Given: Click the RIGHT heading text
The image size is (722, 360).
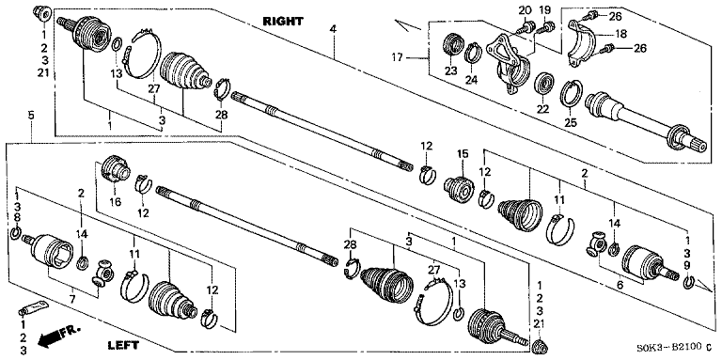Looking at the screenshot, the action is click(x=283, y=21).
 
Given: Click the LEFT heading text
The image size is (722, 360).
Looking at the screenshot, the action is click(x=123, y=344).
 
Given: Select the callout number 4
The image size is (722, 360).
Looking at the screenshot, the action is click(x=333, y=28).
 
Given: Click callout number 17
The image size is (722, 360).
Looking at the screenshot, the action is click(x=398, y=57).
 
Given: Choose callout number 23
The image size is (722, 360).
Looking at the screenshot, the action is click(x=450, y=70).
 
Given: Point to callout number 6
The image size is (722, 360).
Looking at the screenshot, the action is click(x=620, y=286).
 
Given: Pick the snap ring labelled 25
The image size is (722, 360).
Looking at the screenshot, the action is click(x=572, y=93).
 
